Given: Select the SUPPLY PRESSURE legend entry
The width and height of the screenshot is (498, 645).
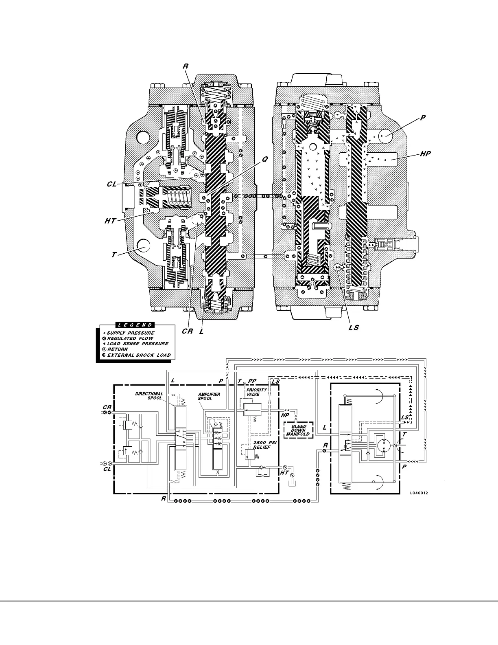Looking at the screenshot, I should click(x=131, y=333).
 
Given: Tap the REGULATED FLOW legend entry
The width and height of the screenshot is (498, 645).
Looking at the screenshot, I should click(x=130, y=338).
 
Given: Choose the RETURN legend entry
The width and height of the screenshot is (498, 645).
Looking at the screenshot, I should click(x=118, y=349).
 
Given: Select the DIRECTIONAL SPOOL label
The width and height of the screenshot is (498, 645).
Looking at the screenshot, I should click(x=149, y=396).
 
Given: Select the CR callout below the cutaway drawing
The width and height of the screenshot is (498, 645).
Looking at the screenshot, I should click(x=187, y=331).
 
